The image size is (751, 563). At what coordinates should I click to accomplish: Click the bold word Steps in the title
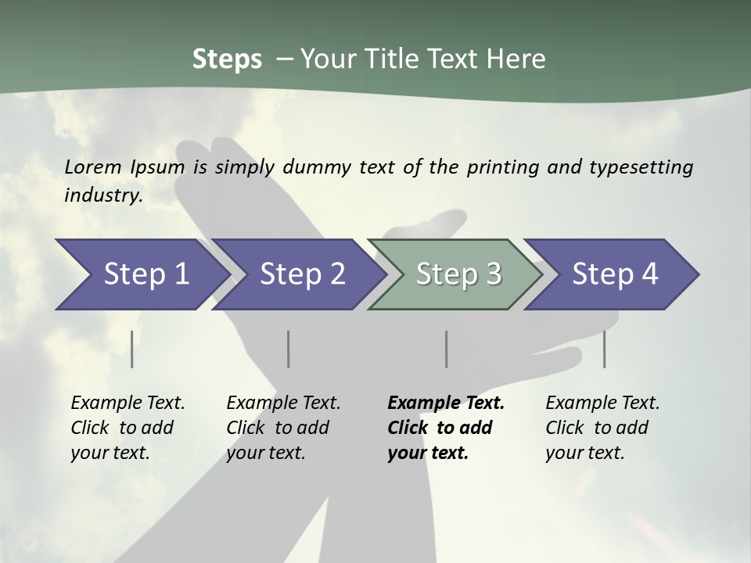pyautogui.click(x=227, y=59)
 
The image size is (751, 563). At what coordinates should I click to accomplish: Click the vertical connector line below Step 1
pyautogui.click(x=132, y=349)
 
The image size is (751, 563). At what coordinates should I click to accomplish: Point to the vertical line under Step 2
pyautogui.click(x=289, y=349)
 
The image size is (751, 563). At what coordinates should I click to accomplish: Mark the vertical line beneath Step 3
pyautogui.click(x=447, y=349)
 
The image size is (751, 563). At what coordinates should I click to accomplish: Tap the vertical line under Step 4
pyautogui.click(x=604, y=349)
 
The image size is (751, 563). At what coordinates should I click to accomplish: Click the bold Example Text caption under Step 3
pyautogui.click(x=446, y=428)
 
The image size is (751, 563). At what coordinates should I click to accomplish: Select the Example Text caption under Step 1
pyautogui.click(x=128, y=428)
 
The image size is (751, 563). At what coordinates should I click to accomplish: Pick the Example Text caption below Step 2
pyautogui.click(x=283, y=428)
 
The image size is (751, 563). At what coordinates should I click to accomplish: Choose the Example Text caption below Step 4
pyautogui.click(x=602, y=428)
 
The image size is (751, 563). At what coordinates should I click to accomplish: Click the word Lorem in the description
pyautogui.click(x=93, y=167)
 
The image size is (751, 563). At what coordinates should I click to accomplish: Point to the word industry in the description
pyautogui.click(x=103, y=195)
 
